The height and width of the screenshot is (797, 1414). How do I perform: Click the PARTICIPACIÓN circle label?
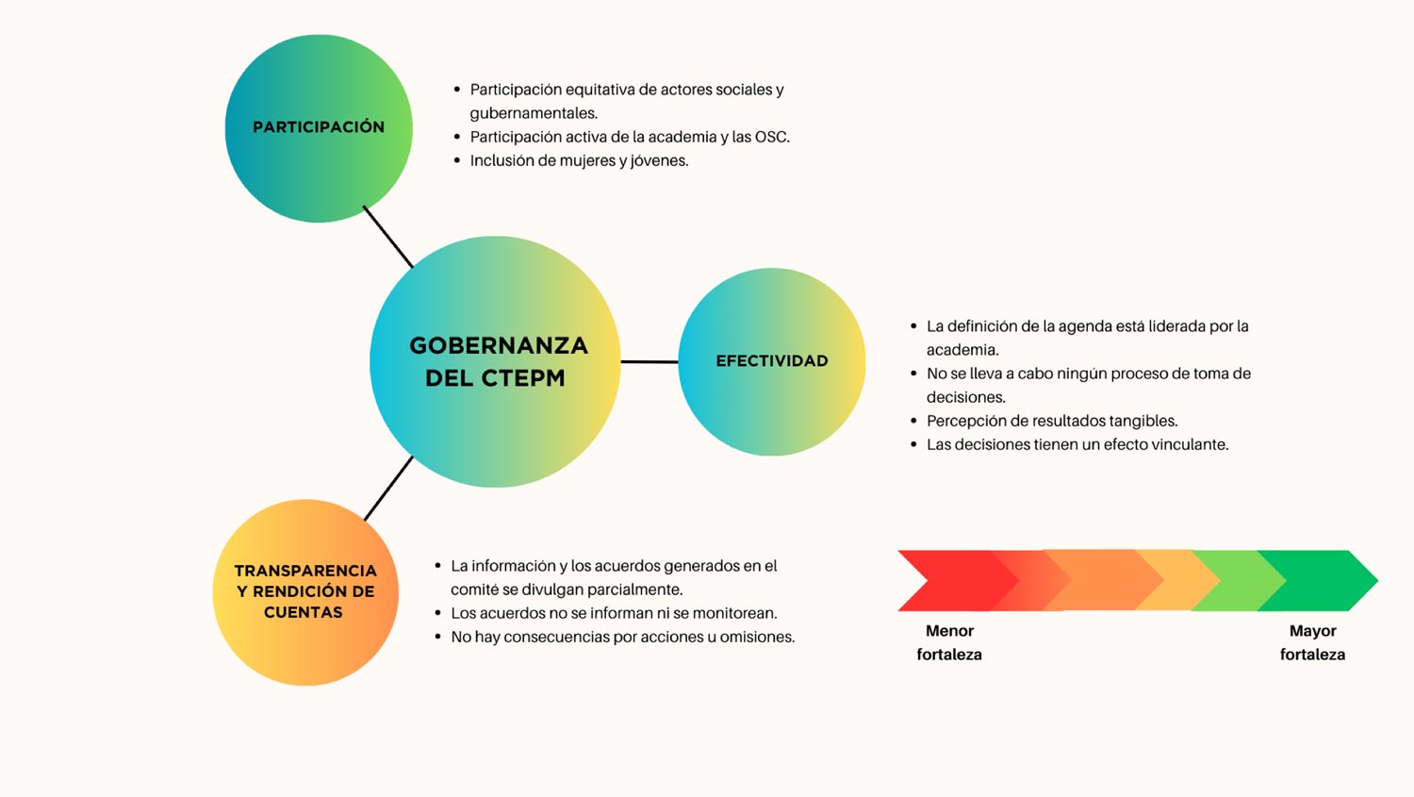[x=319, y=127]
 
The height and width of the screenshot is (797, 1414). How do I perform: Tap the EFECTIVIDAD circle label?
[x=771, y=360]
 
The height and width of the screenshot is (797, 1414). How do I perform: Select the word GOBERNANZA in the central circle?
[x=499, y=345]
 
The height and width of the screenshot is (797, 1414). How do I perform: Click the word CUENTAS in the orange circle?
[x=304, y=612]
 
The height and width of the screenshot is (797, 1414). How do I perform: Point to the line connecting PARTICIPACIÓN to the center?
[x=388, y=237]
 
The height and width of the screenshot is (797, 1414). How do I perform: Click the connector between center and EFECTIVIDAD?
[x=649, y=362]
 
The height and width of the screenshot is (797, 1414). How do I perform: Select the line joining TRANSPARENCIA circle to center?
[x=388, y=489]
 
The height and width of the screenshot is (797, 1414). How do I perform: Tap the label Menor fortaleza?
[x=949, y=642]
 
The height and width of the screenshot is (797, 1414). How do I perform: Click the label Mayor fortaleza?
[x=1312, y=642]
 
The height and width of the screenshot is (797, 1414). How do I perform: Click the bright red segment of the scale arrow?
[x=953, y=580]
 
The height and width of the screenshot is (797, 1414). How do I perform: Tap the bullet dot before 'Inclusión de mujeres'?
[x=457, y=161]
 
